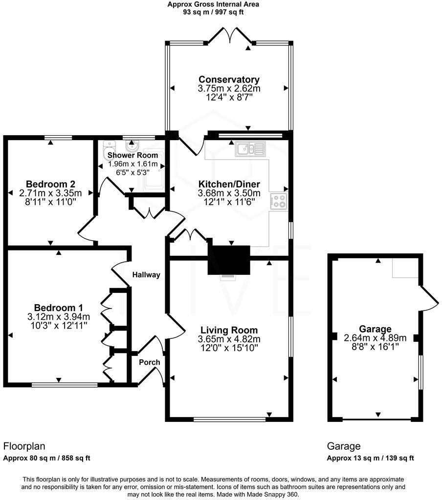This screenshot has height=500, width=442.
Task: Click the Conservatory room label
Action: [229, 80]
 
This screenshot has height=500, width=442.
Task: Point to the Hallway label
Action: [146, 275]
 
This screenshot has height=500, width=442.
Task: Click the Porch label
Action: [150, 362]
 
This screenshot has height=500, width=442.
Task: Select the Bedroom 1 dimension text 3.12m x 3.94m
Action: [59, 317]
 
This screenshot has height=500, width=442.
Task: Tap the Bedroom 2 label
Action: [50, 184]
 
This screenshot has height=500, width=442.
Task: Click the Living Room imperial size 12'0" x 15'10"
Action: [228, 348]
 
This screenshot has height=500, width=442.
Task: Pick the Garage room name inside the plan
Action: [375, 329]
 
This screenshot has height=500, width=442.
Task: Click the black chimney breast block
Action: [228, 259]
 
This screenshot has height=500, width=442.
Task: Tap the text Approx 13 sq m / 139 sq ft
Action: [371, 458]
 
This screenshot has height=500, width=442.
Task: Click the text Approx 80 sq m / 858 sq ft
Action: [47, 458]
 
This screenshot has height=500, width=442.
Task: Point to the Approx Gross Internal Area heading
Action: [213, 4]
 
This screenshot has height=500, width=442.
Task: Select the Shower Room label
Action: [133, 155]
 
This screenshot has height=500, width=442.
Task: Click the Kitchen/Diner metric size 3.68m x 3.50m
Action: [229, 193]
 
